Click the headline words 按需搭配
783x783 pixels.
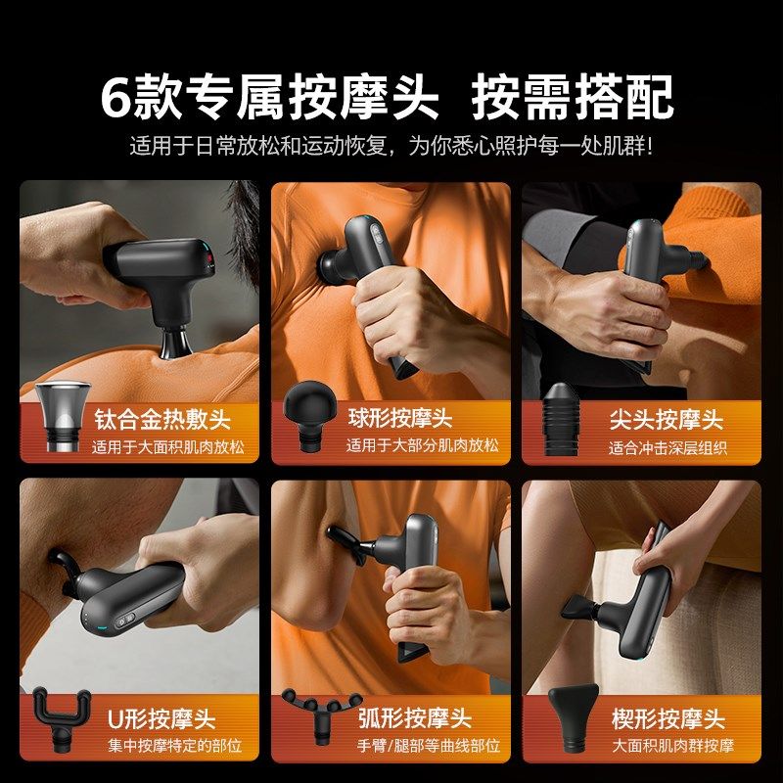tap(574, 96)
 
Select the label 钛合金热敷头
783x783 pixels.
tap(162, 421)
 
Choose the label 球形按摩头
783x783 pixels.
tap(400, 419)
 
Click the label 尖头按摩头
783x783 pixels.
tap(667, 421)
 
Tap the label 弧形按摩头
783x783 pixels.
tap(414, 720)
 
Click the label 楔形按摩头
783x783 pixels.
tap(668, 720)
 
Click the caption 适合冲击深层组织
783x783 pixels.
tap(668, 449)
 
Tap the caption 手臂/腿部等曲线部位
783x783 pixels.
tap(414, 747)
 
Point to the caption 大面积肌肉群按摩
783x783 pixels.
tap(672, 747)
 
